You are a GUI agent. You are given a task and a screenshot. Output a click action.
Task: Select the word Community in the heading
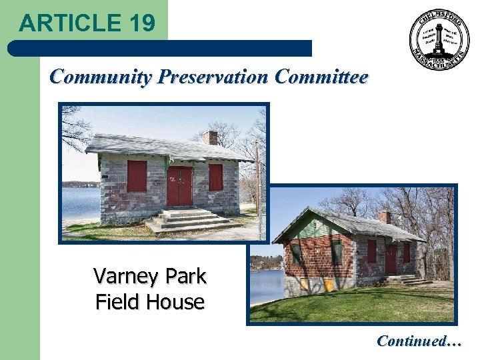coord(101,77)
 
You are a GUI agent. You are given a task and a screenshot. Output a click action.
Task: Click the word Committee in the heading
coord(321,77)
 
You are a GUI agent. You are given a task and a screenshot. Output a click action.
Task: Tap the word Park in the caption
coord(184,275)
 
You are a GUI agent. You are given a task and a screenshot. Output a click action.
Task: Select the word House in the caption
coord(177,302)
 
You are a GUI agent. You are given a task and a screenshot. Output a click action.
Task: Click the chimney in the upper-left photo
coord(211,137)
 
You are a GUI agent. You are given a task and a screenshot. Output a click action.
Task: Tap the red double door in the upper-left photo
coord(179,186)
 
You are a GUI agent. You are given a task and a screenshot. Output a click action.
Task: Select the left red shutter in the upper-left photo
coord(137,176)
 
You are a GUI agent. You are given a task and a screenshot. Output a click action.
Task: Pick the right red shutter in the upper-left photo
coord(215,177)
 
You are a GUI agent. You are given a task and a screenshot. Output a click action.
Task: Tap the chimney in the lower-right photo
coord(385,217)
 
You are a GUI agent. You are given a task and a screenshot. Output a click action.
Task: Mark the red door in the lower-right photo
coord(391,260)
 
